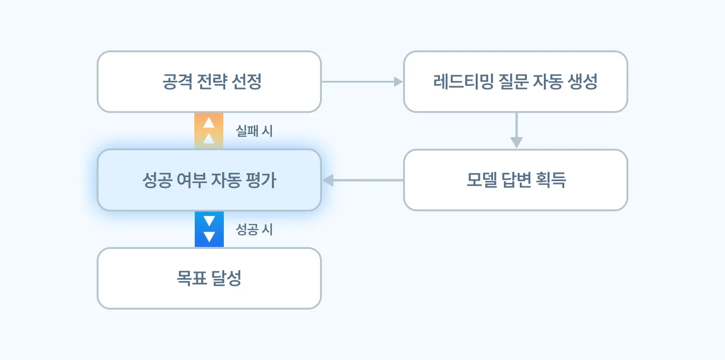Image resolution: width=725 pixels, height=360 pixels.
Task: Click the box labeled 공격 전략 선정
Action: [209, 82]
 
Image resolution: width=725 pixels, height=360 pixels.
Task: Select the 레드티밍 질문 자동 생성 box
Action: [516, 82]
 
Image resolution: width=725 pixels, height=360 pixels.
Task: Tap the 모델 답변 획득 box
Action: [516, 180]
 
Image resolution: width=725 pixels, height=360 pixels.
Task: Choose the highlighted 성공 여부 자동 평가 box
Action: [209, 180]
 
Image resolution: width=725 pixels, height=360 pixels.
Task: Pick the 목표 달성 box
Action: [209, 278]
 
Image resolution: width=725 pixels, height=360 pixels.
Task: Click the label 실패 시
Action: [254, 131]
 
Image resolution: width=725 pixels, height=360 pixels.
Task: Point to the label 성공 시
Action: [254, 229]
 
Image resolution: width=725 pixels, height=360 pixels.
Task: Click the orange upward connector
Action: [209, 131]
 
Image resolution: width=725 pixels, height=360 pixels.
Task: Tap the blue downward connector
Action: [209, 229]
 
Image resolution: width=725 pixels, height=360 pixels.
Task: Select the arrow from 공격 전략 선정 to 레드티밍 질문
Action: [362, 82]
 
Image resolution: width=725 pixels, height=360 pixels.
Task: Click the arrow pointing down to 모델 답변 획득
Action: [516, 130]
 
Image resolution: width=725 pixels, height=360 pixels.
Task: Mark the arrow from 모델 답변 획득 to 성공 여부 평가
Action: [363, 180]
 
